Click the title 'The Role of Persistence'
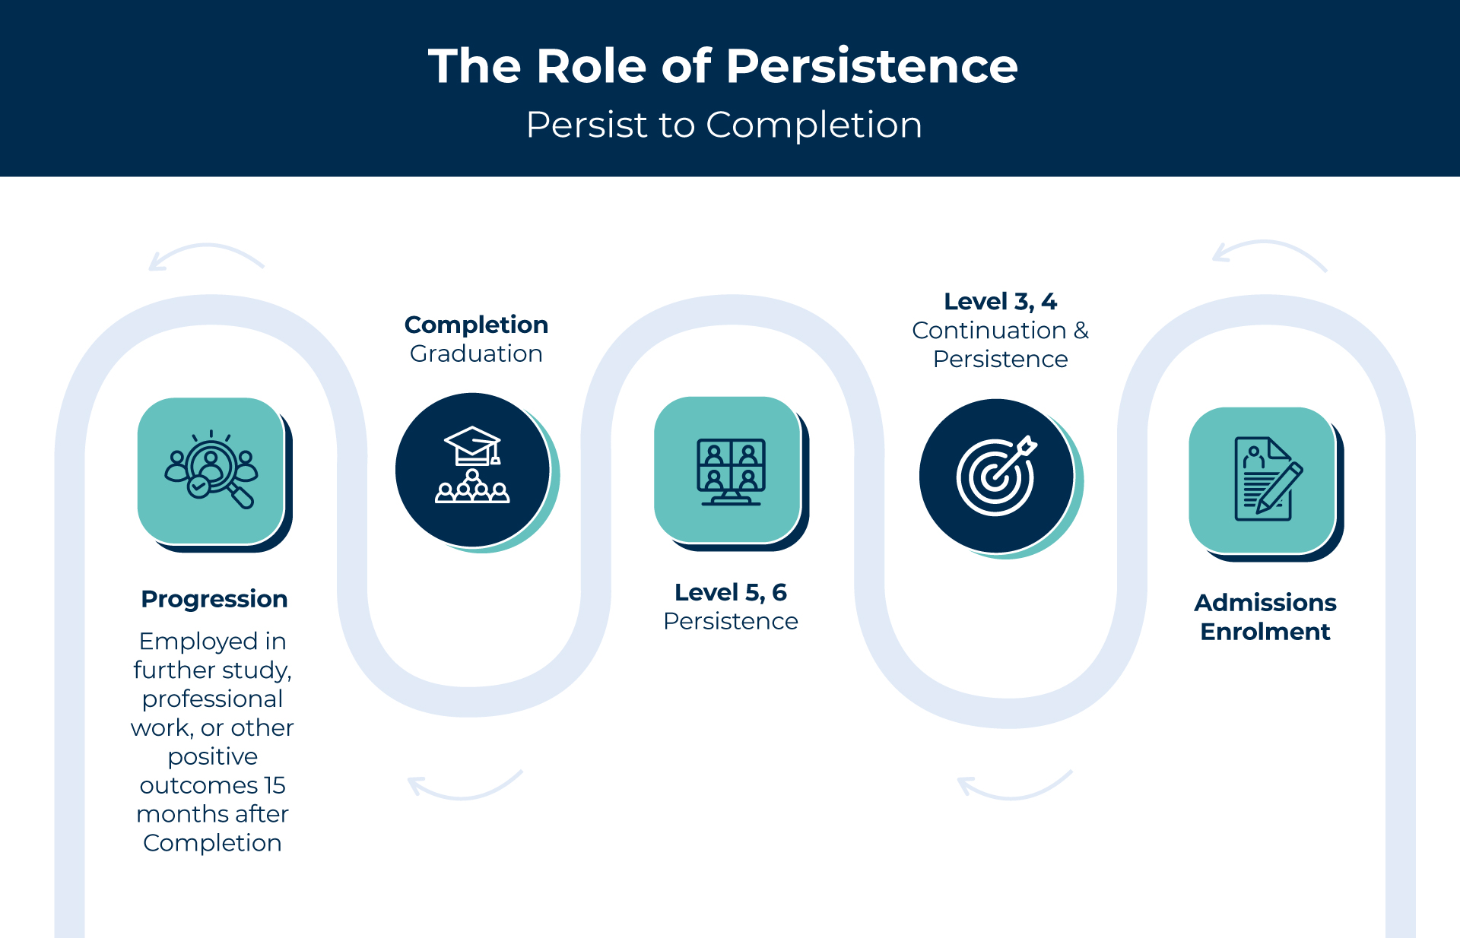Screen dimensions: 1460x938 point(722,66)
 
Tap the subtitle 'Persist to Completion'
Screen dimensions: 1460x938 point(724,125)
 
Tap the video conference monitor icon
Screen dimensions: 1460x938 point(732,472)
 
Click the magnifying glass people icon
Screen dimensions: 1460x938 point(211,469)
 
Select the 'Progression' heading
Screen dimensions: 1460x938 point(214,599)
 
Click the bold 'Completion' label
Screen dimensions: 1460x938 point(476,325)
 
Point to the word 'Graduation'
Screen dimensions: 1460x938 point(476,353)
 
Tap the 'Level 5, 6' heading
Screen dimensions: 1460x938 point(731,592)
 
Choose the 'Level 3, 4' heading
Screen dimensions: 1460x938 point(1001,302)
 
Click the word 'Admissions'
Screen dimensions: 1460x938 point(1265,602)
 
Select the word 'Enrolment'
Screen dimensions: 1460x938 point(1265,632)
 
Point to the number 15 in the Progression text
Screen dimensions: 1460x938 point(275,785)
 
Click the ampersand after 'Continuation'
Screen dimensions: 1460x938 point(1081,331)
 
